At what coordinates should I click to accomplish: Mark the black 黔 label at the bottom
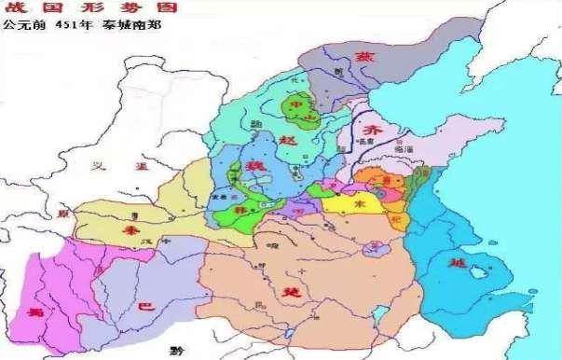pos(189,351)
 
